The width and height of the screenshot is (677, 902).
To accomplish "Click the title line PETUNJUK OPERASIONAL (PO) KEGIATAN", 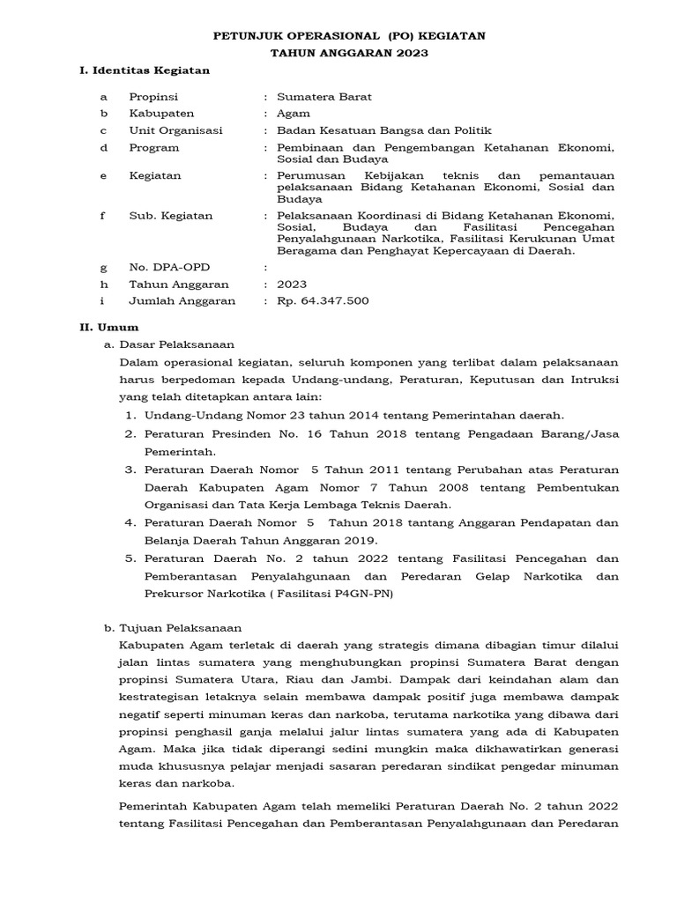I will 349,36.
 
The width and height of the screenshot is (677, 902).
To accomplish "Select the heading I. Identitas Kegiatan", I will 145,70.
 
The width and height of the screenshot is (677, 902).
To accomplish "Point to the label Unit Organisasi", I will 175,130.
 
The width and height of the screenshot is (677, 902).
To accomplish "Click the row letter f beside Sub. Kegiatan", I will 103,216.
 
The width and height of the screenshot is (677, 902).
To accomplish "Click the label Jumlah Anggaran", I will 182,300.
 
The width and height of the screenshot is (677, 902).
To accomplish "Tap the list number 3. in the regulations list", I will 129,469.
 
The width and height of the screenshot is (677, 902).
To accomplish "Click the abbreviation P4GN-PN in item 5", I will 364,594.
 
